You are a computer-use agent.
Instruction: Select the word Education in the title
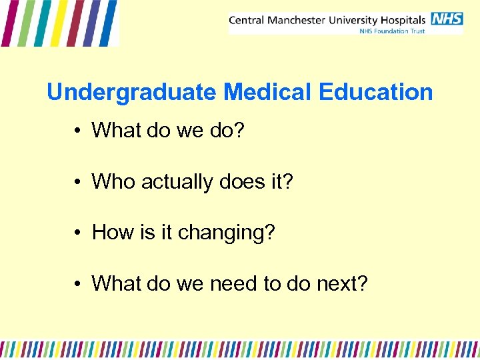click(376, 92)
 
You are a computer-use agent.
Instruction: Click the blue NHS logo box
click(447, 19)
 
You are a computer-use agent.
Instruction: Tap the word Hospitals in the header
click(405, 20)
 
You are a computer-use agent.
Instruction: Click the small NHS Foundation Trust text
click(392, 31)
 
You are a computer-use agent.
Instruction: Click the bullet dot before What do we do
click(78, 131)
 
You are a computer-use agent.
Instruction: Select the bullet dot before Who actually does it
click(78, 182)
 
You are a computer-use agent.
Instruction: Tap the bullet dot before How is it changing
click(78, 233)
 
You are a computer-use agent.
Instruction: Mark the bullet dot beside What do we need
click(78, 284)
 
